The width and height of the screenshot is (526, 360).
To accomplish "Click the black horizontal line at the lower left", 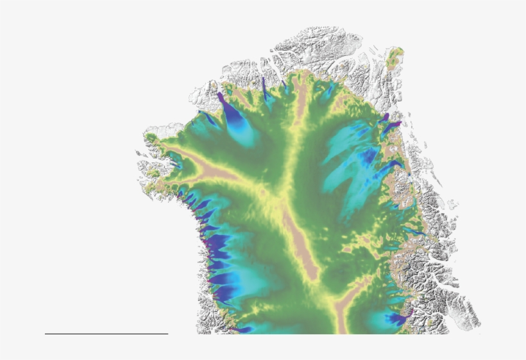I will (106, 334).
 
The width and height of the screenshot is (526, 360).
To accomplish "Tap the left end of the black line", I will (46, 334).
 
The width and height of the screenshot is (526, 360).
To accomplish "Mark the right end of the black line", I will (167, 334).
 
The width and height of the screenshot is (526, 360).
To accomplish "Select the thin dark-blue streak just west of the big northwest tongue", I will (208, 118).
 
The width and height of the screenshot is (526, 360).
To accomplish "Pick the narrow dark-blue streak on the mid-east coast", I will (414, 231).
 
